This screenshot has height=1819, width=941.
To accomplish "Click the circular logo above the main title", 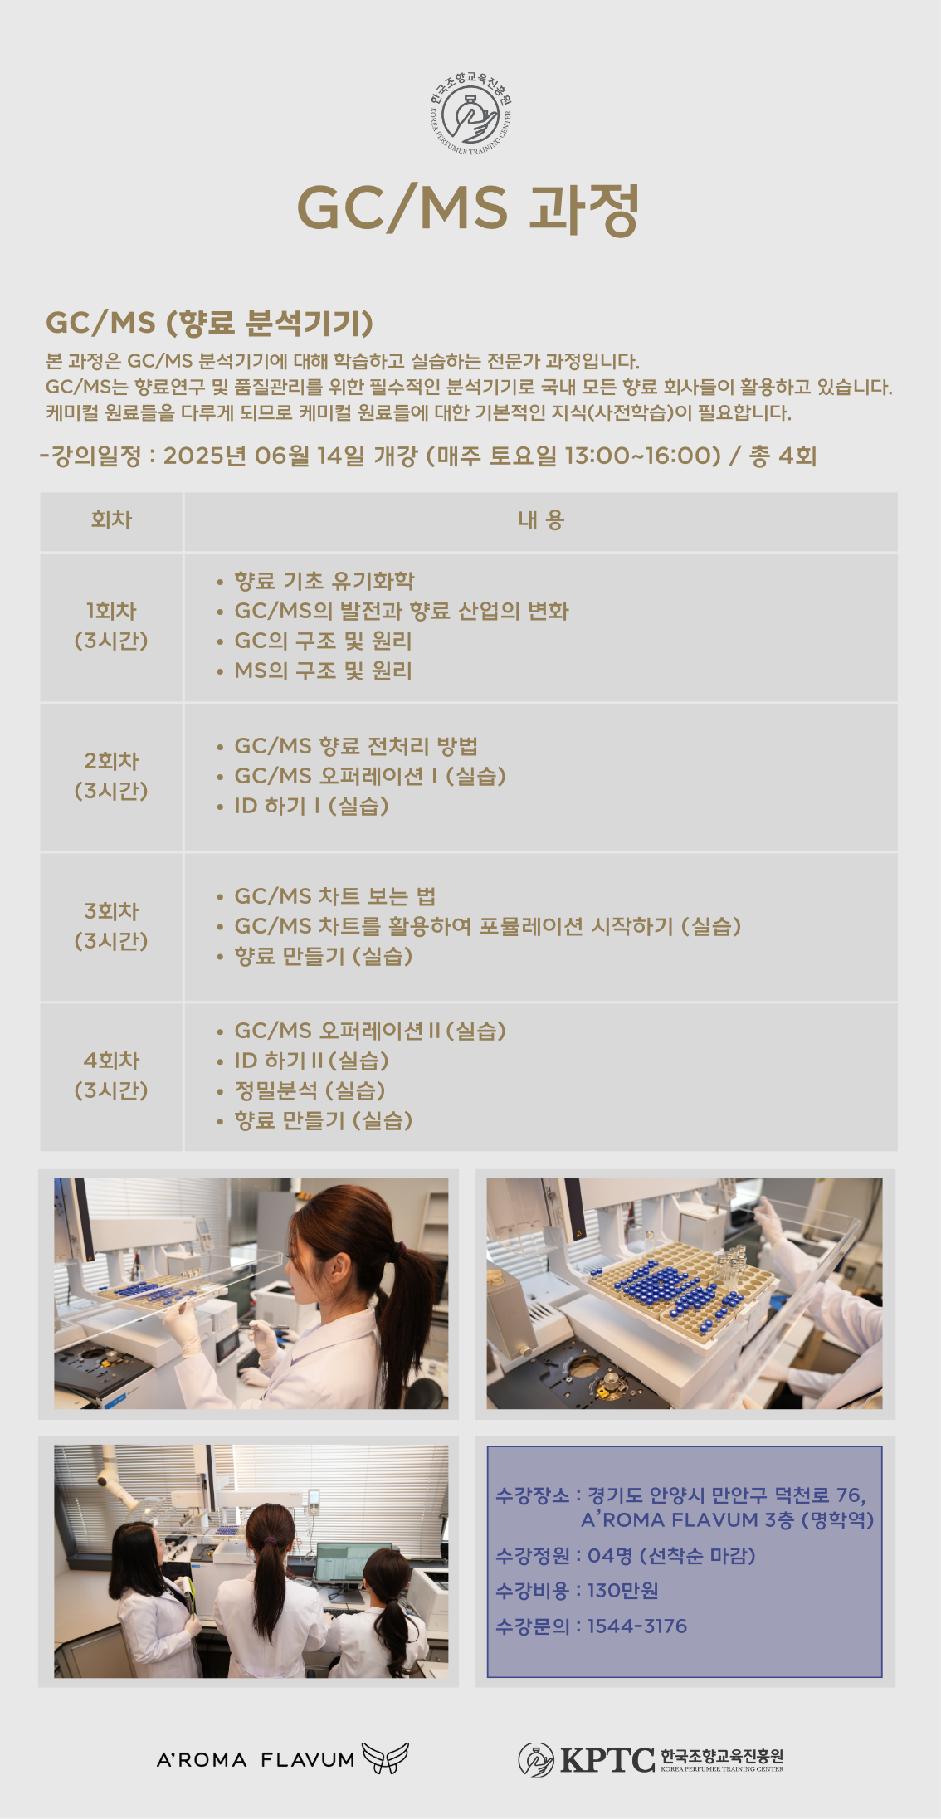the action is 470,115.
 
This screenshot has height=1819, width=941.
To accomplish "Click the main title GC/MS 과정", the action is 469,208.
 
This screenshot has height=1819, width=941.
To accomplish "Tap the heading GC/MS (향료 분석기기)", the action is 209,322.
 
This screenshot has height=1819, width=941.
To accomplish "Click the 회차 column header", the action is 111,520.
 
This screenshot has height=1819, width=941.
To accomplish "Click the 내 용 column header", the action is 541,520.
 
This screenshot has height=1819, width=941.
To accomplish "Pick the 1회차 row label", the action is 111,611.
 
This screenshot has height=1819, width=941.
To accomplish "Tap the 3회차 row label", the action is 111,911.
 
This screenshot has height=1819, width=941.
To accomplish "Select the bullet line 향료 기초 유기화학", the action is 324,581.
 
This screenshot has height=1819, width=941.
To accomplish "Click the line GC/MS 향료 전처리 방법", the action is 356,746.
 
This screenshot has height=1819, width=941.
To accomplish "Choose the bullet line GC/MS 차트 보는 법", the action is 335,896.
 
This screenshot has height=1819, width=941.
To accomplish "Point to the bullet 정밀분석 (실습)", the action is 310,1090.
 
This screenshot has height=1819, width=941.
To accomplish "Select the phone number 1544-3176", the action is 637,1626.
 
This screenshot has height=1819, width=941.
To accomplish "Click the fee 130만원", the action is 623,1590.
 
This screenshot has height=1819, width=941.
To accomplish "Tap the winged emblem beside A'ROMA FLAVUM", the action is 385,1758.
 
